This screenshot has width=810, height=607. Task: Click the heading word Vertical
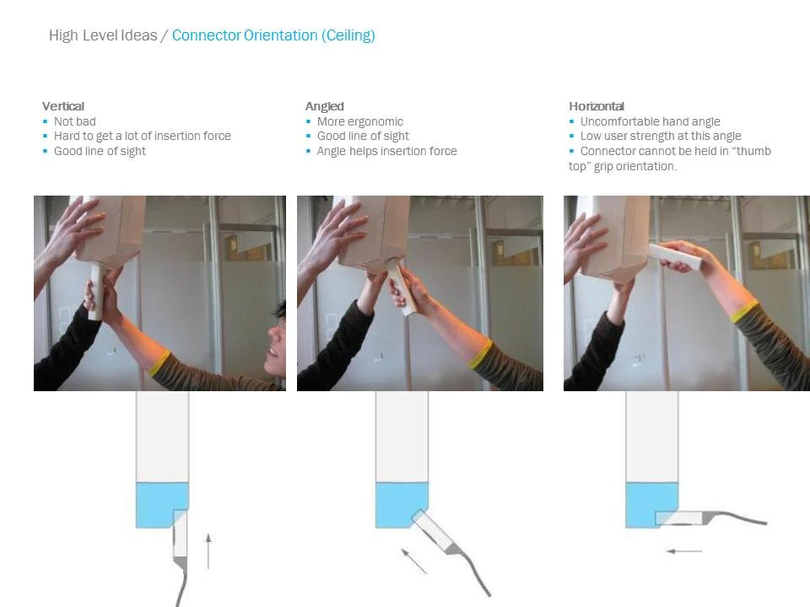63,106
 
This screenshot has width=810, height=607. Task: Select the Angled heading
324,106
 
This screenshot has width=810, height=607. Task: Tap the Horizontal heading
597,106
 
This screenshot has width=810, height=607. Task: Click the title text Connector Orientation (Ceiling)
273,35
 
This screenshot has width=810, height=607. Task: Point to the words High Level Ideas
103,35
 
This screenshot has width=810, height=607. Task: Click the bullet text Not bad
75,121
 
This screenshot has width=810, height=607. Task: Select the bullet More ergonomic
360,121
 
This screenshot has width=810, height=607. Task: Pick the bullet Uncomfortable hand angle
650,121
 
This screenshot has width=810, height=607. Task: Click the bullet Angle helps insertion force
387,151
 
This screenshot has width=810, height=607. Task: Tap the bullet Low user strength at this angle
661,136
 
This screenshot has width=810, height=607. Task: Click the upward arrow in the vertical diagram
208,551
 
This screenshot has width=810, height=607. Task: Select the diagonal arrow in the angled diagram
414,561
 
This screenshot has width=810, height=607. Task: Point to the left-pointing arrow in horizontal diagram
684,551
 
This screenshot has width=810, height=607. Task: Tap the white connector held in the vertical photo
95,292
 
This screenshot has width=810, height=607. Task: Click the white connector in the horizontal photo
675,256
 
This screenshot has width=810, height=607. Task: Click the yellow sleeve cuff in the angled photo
480,354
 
